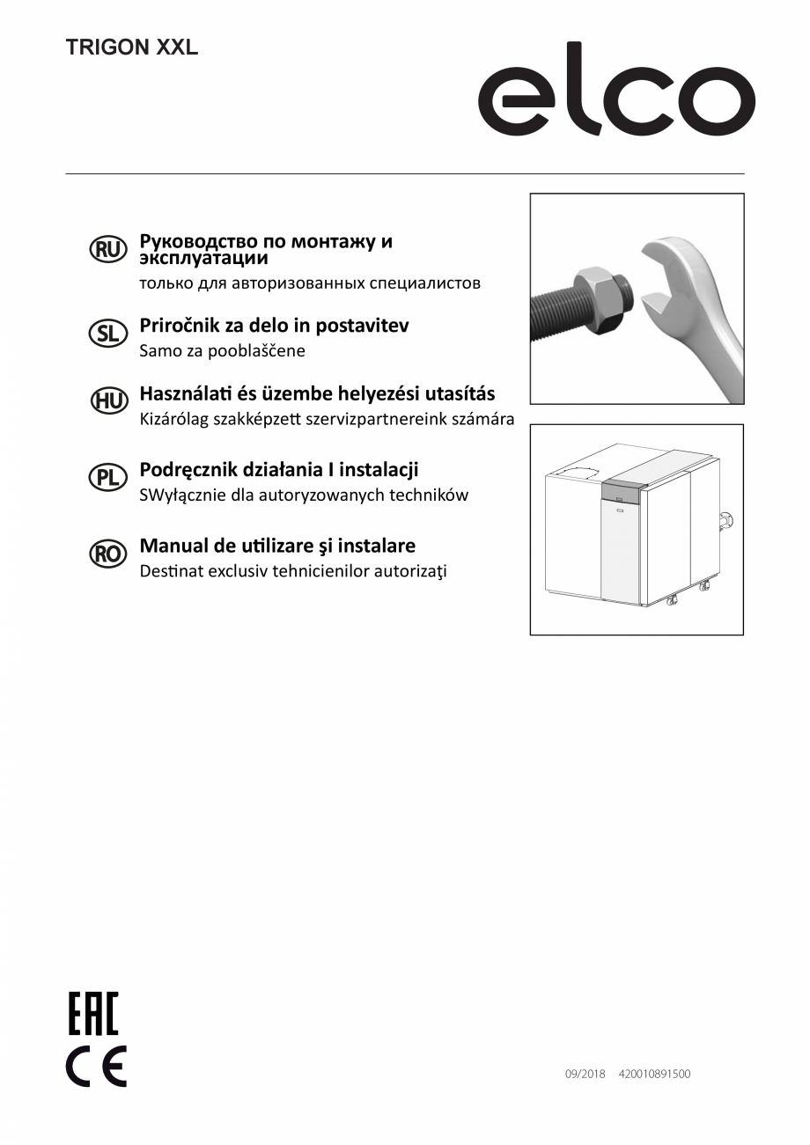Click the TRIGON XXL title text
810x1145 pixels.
pos(132,48)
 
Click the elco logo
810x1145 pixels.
pos(615,90)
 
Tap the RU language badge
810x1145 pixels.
pos(108,250)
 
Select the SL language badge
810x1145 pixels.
pos(108,333)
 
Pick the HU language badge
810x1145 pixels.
pos(108,401)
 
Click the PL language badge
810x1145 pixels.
pos(108,477)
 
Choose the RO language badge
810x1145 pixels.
pos(108,553)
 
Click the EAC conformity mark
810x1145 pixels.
pos(93,1013)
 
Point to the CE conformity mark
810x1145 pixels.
pos(96,1066)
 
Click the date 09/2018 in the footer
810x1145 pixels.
pos(585,1074)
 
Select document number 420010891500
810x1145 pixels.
pos(654,1074)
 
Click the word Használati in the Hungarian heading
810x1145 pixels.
pos(188,393)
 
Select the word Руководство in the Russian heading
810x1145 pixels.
pos(198,241)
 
